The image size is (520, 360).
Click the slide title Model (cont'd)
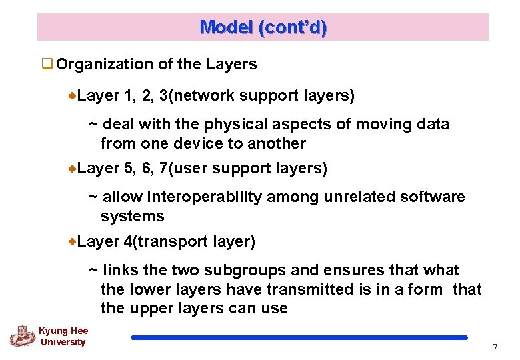263,27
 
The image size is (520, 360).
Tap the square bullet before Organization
47,65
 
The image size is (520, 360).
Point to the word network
203,96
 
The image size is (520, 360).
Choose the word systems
132,216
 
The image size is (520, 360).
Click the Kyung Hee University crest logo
22,335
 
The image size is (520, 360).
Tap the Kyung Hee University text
63,337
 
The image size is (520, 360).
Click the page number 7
494,348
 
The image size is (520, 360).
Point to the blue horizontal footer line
299,338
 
